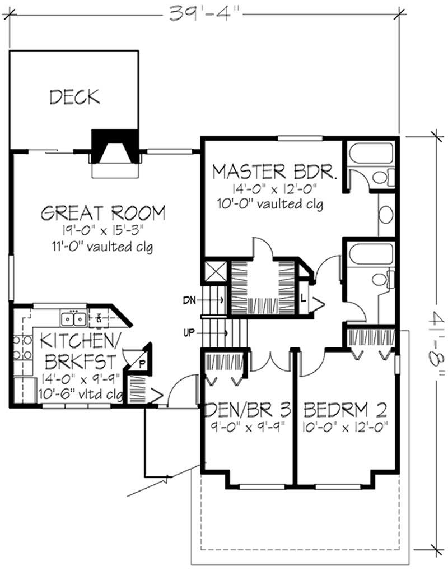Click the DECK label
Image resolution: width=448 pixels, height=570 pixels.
tap(74, 96)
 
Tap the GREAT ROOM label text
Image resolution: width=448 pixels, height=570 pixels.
tap(104, 213)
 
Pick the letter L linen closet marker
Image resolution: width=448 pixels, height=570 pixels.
tap(303, 298)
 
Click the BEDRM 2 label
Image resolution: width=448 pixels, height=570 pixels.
tap(344, 410)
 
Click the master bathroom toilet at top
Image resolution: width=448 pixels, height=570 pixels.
tap(381, 178)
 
